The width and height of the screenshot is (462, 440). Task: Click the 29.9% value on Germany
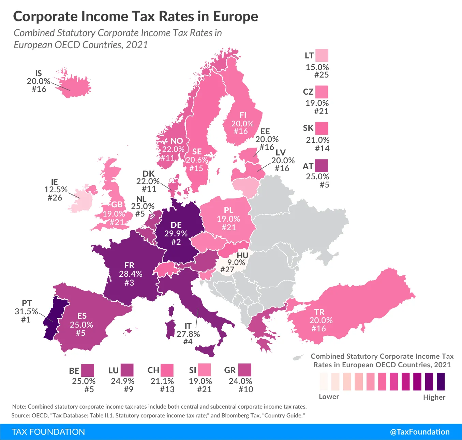[x=176, y=234]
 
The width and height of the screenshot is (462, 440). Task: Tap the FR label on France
[x=129, y=265]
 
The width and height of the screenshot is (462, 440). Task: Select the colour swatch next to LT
[x=322, y=55]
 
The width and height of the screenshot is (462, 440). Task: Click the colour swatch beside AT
[x=321, y=166]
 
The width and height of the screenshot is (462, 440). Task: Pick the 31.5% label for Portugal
[x=26, y=312]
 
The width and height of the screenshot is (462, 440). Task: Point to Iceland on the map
[x=75, y=85]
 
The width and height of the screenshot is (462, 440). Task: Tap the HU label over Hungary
[x=242, y=256]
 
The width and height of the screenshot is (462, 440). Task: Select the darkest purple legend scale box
[x=441, y=381]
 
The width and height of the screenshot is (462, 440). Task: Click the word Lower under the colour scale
[x=329, y=397]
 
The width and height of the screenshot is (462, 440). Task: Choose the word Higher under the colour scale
[x=434, y=397]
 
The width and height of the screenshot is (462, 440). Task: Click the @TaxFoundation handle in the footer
[x=420, y=432]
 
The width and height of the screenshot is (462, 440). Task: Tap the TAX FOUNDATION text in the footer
[x=48, y=432]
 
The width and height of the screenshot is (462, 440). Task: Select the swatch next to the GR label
[x=244, y=370]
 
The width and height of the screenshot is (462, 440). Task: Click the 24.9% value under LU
[x=122, y=381]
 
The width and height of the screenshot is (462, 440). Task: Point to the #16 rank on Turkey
[x=318, y=329]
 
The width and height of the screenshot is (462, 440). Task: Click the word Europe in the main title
[x=236, y=16]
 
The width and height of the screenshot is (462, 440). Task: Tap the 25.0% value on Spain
[x=81, y=325]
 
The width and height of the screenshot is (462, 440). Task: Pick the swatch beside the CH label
[x=167, y=370]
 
